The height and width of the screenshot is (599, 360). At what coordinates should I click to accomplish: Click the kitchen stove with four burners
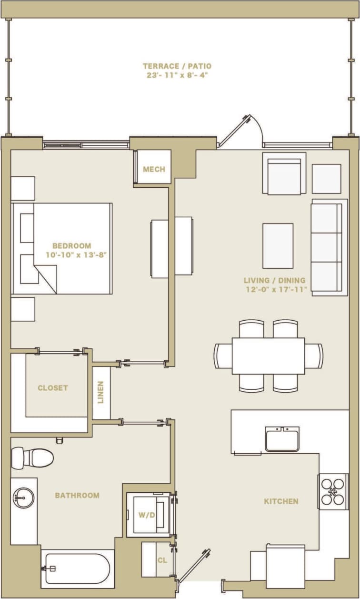[x=333, y=491]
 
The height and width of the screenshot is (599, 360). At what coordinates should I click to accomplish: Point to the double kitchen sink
[x=282, y=438]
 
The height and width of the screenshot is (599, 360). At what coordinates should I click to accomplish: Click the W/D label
[x=146, y=515]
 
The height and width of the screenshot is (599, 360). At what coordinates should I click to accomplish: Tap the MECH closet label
[x=154, y=169]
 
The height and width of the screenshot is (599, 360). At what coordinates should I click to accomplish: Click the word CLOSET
[x=52, y=388]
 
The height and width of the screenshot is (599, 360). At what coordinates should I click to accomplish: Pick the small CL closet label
[x=162, y=560]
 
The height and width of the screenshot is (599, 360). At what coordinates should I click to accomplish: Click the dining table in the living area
[x=268, y=355]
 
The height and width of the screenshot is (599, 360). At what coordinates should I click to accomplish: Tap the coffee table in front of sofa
[x=278, y=245]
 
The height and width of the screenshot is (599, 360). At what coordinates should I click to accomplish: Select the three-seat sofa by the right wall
[x=329, y=247]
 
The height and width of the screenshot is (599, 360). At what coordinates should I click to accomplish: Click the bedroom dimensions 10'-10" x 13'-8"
[x=75, y=254]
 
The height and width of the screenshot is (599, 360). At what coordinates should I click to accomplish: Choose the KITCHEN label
[x=281, y=501]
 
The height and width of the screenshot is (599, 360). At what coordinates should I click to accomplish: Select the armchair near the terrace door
[x=284, y=175]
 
